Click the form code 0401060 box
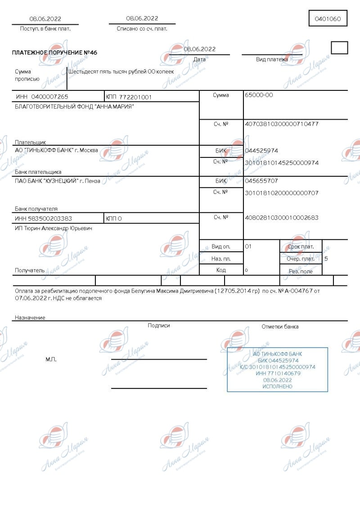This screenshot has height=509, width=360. [x=328, y=19]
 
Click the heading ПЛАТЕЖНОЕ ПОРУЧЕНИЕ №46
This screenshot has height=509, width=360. [x=54, y=53]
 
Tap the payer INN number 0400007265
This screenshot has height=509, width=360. [x=48, y=97]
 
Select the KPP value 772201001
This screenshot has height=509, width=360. [x=135, y=97]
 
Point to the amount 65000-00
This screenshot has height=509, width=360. [x=259, y=95]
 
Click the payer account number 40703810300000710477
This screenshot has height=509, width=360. [x=281, y=124]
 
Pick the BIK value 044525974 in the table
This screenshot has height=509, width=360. [x=261, y=151]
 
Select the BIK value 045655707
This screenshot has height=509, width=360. [x=261, y=181]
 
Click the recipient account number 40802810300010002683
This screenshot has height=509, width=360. [x=281, y=218]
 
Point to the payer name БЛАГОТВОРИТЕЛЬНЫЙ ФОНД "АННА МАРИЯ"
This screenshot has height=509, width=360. [x=74, y=106]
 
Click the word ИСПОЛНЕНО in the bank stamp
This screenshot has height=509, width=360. [x=277, y=386]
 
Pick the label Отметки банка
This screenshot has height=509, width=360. [x=280, y=326]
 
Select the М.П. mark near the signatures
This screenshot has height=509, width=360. [x=51, y=359]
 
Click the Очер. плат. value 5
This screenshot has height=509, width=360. [x=326, y=259]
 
